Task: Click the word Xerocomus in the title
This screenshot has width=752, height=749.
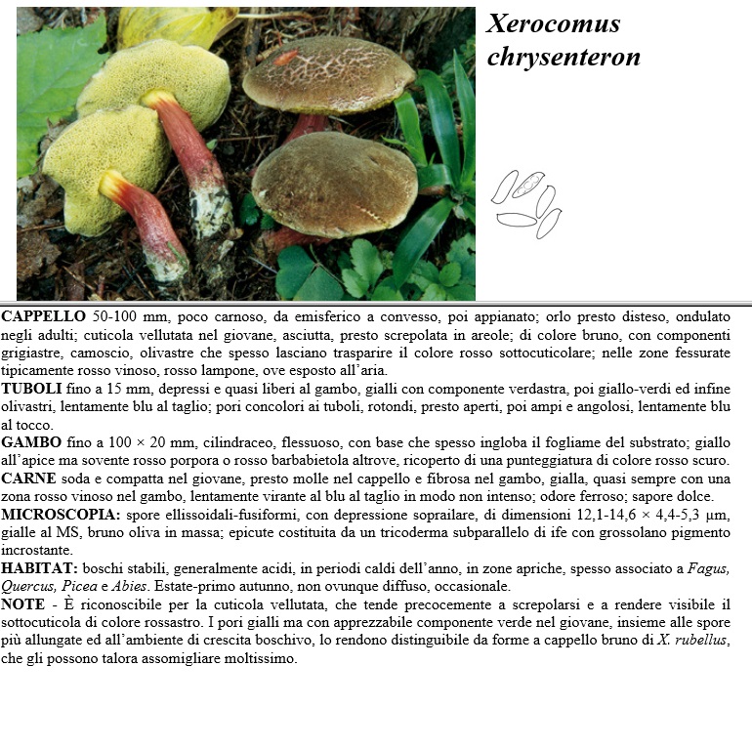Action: coord(553,24)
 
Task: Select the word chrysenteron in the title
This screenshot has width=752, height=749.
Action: coord(564,58)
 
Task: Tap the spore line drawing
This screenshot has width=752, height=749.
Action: coord(527,203)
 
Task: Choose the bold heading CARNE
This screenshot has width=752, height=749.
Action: coord(29,479)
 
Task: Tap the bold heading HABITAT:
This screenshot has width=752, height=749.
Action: coord(40,568)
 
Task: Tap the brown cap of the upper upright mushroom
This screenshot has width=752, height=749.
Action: coord(326,73)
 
